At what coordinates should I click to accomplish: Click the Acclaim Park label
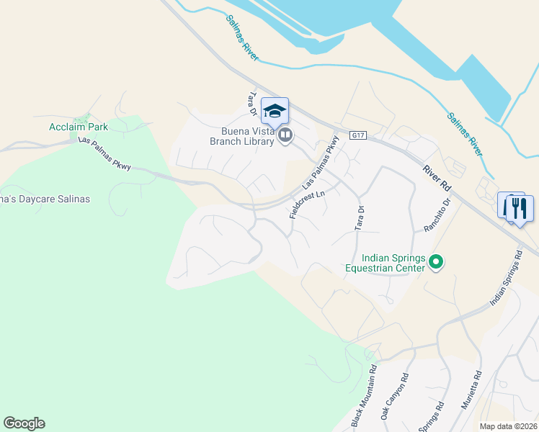click(79, 127)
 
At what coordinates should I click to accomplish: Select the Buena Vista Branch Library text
click(242, 136)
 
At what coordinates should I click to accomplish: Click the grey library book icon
click(285, 135)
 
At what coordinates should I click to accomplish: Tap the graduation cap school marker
click(275, 111)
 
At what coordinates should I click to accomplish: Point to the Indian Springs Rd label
click(506, 278)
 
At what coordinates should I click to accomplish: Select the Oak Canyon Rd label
click(394, 397)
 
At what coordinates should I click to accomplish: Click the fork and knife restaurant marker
click(519, 208)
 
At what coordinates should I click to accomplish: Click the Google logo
click(24, 423)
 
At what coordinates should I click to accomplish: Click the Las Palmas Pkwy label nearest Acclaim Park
click(104, 155)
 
